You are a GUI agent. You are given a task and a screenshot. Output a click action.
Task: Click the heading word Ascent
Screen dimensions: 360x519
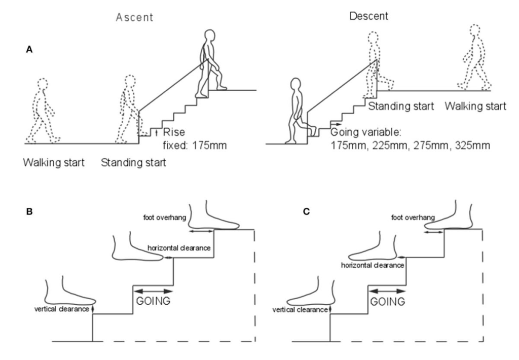[134, 17]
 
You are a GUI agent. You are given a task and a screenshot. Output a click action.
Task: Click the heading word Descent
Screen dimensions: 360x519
[368, 16]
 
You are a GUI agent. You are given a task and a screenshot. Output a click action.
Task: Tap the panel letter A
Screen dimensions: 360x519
[30, 51]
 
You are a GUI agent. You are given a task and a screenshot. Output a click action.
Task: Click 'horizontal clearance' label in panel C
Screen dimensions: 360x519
[373, 265]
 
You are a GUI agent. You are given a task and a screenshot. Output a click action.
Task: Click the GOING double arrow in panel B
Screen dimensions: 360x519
[154, 291]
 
